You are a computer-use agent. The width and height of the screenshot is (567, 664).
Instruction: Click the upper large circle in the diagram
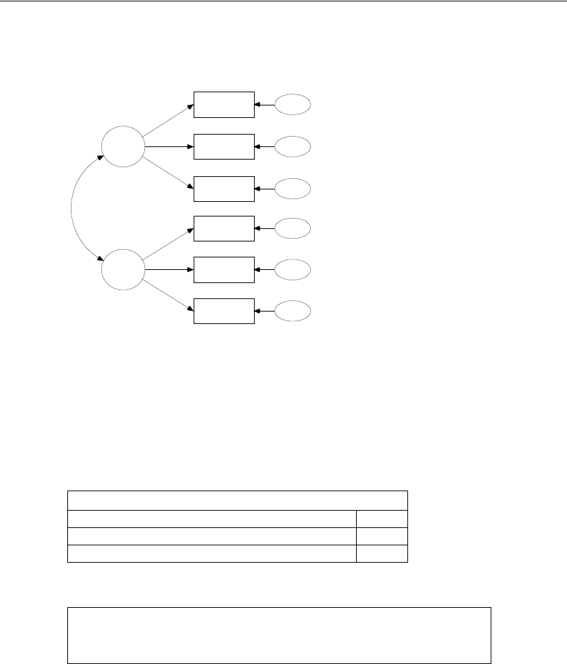click(123, 146)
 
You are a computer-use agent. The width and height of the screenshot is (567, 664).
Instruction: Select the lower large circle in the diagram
click(123, 269)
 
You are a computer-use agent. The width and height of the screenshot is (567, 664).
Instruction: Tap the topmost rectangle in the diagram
click(223, 105)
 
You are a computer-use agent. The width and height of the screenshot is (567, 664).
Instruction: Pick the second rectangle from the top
click(223, 146)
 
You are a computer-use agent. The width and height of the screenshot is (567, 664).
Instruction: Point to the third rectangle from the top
click(223, 189)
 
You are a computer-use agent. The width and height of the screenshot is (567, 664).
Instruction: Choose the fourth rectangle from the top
click(223, 228)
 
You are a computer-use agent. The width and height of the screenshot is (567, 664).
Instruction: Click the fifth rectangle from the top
click(223, 269)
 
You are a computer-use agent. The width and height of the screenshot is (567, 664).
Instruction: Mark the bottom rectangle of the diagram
click(223, 310)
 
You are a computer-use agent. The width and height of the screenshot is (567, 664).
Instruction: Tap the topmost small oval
click(293, 105)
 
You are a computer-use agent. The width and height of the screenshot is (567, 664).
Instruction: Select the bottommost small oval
click(293, 311)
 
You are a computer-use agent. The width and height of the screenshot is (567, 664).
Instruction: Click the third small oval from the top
click(293, 189)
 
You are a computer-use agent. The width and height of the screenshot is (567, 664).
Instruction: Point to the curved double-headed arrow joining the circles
click(72, 208)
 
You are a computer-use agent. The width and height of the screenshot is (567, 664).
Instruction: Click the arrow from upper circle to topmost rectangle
click(169, 118)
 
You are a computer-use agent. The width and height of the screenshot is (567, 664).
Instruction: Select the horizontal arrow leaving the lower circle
click(169, 269)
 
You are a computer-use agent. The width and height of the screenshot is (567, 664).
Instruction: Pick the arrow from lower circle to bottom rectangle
click(169, 296)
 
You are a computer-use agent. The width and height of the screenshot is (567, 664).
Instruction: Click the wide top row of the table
click(237, 500)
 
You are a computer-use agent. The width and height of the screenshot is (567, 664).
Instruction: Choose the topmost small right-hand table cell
click(382, 519)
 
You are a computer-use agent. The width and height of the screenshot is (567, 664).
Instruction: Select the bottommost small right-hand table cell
click(382, 553)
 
